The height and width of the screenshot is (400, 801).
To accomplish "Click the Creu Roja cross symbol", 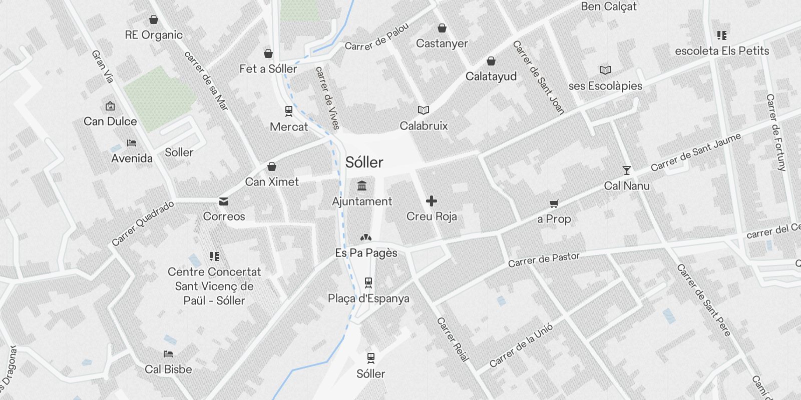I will coord(432,201).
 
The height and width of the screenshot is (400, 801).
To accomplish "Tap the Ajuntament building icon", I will coord(362,186).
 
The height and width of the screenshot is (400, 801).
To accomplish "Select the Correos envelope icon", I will coord(224,201).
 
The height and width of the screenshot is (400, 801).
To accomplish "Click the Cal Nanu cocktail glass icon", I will coord(626,170).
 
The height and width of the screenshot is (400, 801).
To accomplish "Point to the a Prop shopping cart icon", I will coord(554,203).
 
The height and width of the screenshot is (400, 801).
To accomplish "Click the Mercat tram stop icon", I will coord(289,111).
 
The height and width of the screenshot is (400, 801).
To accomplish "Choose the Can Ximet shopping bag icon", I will coord(272,166).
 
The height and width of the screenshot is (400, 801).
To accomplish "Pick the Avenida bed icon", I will coord(132,143).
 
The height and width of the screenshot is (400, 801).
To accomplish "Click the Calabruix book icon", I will coord(424,110).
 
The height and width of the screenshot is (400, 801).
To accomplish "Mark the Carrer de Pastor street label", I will coord(544,260).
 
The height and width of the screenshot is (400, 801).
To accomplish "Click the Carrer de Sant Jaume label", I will coord(695,152).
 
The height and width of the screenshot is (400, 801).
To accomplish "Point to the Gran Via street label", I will coord(102,66).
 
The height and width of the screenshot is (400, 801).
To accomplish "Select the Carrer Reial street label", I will coord(453,339).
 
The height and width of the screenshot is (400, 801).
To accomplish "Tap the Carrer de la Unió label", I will coord(521,345).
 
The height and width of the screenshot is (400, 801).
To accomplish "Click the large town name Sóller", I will coord(364,162).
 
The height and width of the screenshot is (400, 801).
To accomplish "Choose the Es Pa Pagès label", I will coord(366,253).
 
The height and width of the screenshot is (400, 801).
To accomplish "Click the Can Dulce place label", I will coord(110,121).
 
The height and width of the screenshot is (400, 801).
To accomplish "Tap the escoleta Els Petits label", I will coord(722,51).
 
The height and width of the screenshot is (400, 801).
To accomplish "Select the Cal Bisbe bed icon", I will coord(168,354).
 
